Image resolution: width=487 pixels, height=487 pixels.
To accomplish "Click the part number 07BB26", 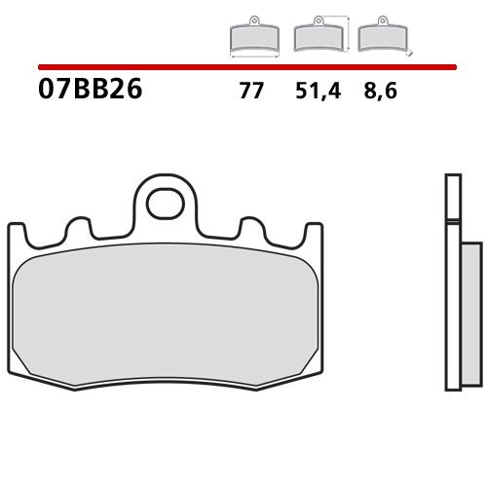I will coord(90,90).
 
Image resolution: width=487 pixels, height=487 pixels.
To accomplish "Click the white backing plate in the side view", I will coord(450,292).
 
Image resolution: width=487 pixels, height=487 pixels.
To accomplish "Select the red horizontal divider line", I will coord(243,68).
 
